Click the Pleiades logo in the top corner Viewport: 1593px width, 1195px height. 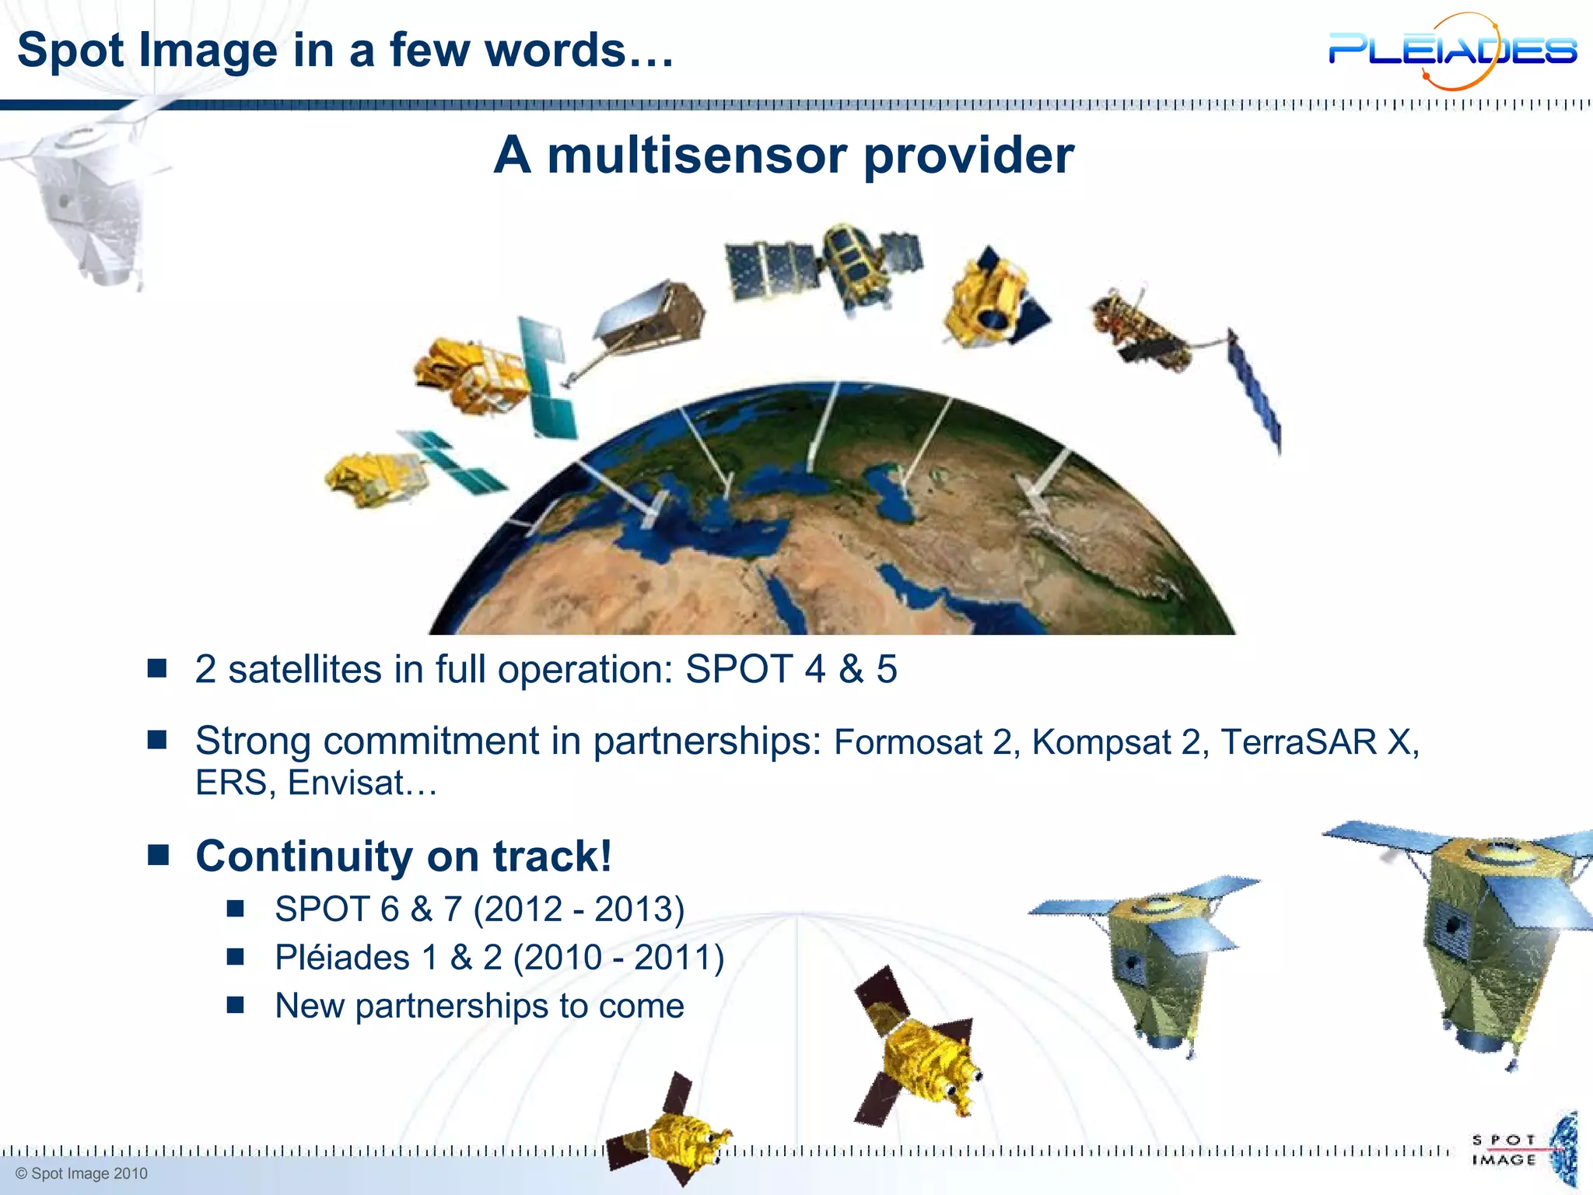click(1451, 51)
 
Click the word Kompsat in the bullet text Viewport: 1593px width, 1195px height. click(1101, 742)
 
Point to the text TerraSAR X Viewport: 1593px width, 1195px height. click(1318, 742)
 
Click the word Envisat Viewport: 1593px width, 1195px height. click(345, 783)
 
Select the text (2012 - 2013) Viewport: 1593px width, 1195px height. click(579, 909)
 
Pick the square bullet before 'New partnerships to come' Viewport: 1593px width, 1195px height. click(236, 1005)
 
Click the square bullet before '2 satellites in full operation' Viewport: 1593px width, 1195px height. click(157, 668)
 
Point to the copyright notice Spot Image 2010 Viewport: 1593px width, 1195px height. click(82, 1174)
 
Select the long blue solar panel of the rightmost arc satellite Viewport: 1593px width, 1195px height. click(1254, 389)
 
